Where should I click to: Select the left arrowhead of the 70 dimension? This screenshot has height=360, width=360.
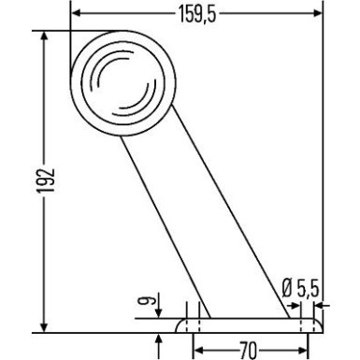pyautogui.click(x=197, y=350)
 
